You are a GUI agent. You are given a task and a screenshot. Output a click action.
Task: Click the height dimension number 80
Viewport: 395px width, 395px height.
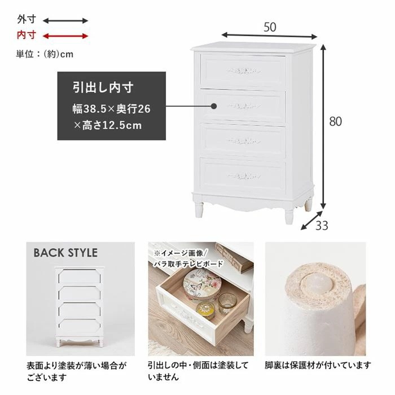click(336, 121)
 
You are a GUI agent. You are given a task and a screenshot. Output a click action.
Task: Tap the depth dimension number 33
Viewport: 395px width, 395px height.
click(322, 226)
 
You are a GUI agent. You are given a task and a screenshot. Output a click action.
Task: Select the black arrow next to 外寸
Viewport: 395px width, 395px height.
click(65, 20)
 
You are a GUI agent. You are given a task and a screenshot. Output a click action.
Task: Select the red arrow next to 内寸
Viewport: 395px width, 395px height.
click(65, 36)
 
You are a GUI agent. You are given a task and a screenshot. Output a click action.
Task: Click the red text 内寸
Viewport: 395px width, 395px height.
click(27, 36)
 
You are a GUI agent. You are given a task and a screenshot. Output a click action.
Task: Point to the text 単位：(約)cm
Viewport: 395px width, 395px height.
click(45, 54)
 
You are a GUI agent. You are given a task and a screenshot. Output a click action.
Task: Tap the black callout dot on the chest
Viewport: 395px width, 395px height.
click(214, 106)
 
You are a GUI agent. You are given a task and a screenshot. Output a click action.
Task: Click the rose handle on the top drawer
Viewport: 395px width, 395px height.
click(243, 71)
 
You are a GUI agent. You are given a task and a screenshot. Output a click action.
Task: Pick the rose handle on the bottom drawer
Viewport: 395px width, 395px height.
click(244, 175)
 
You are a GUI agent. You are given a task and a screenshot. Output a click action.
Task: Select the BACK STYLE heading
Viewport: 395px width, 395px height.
click(65, 253)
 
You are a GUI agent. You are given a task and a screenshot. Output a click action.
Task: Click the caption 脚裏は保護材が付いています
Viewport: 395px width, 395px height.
click(318, 365)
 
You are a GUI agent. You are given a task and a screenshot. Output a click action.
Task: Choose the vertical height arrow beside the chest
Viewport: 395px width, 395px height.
click(324, 127)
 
